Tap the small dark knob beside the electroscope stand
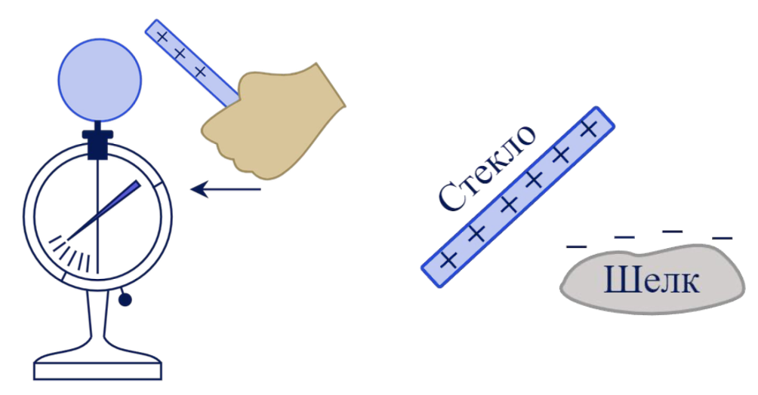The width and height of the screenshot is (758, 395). click(125, 301)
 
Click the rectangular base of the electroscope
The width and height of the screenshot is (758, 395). click(98, 370)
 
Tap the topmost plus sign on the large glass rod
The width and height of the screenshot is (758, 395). click(590, 129)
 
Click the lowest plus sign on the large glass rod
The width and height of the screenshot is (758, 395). click(449, 261)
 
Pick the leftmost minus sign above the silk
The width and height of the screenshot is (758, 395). click(575, 245)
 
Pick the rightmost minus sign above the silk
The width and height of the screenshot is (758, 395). click(723, 237)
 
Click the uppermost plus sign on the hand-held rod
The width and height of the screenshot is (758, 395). click(161, 35)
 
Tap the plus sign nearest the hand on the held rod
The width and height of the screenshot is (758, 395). click(200, 72)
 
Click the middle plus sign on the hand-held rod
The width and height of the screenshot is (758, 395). click(180, 54)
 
